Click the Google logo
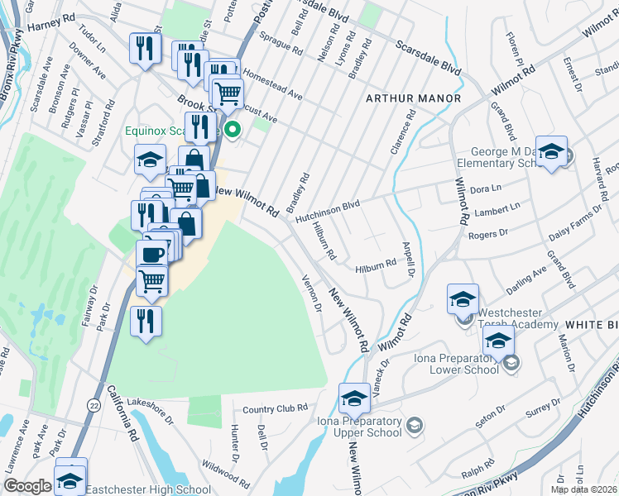click(26, 486)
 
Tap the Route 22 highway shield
click(95, 404)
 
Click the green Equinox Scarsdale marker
click(233, 129)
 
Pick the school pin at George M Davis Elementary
click(551, 151)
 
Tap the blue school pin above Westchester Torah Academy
click(463, 298)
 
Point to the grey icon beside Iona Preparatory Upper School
click(414, 426)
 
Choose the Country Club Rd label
click(276, 408)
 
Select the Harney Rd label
click(51, 26)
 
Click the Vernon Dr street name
click(312, 293)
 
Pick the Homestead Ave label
click(272, 85)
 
